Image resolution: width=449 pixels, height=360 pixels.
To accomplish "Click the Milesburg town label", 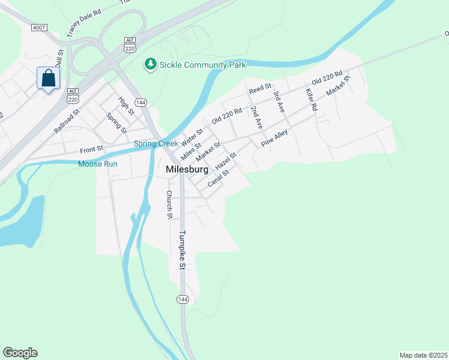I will pyautogui.click(x=187, y=170).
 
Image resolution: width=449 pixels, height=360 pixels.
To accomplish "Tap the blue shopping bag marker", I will pyautogui.click(x=48, y=79).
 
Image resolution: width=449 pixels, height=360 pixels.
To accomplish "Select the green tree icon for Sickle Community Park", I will pyautogui.click(x=149, y=63).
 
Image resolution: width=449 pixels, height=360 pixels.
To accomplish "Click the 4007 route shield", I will pyautogui.click(x=39, y=28).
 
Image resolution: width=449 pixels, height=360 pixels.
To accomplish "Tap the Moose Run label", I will pyautogui.click(x=97, y=164).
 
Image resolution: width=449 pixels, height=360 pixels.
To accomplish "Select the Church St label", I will pyautogui.click(x=170, y=205).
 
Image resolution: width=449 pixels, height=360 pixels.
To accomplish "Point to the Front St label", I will pyautogui.click(x=92, y=148).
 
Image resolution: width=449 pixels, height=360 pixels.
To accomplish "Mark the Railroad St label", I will pyautogui.click(x=67, y=121).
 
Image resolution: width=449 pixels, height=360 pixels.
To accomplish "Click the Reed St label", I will pyautogui.click(x=261, y=89).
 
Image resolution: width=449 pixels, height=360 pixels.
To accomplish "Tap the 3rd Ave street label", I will pyautogui.click(x=278, y=102).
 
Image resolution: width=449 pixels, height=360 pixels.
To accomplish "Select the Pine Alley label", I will pyautogui.click(x=274, y=138).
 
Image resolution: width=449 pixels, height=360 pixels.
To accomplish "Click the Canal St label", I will pyautogui.click(x=218, y=178).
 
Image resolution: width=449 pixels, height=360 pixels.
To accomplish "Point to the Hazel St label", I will pyautogui.click(x=226, y=160).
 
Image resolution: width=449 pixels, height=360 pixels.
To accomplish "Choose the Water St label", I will pyautogui.click(x=192, y=136).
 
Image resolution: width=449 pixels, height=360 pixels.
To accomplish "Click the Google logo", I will pyautogui.click(x=20, y=353).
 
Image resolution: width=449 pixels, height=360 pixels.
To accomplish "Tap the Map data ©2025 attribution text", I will pyautogui.click(x=423, y=355).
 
